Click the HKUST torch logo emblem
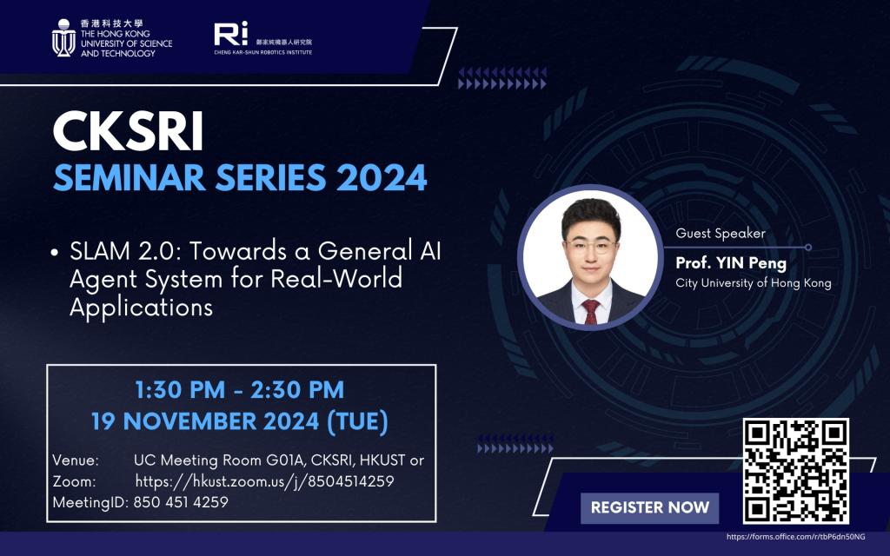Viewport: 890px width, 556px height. [x=63, y=37]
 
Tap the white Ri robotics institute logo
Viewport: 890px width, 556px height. [x=231, y=34]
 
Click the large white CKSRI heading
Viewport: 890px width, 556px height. [x=128, y=131]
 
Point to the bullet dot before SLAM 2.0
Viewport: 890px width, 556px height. [x=55, y=253]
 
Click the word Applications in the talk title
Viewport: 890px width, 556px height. [x=142, y=308]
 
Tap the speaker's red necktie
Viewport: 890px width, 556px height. [x=590, y=312]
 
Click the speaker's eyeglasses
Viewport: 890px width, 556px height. [x=591, y=246]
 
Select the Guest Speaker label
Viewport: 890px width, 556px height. [x=721, y=233]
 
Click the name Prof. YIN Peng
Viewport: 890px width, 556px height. [x=731, y=263]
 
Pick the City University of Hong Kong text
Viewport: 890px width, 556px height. [x=754, y=282]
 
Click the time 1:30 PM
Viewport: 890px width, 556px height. [x=180, y=390]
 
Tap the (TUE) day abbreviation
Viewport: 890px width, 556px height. [x=357, y=421]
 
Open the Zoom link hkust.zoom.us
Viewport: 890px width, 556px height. [x=264, y=481]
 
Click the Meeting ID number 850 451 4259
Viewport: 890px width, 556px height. [x=181, y=502]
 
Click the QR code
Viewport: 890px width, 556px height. [x=796, y=471]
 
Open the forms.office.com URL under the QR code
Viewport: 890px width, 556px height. [x=796, y=537]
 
